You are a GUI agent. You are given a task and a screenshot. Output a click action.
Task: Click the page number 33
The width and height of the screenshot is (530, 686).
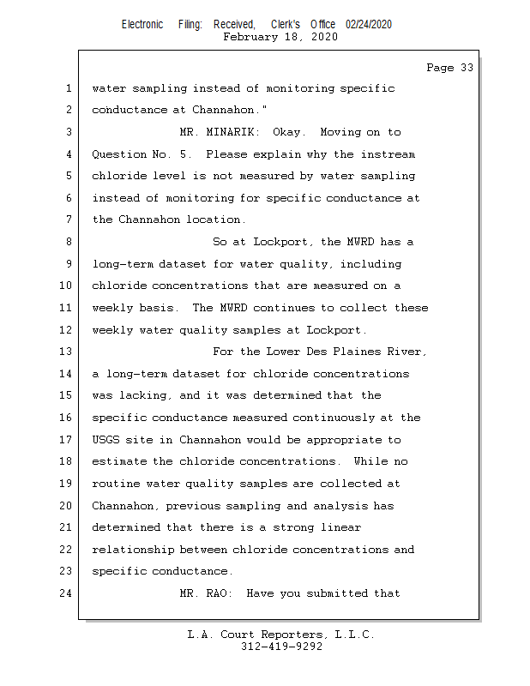[x=467, y=68]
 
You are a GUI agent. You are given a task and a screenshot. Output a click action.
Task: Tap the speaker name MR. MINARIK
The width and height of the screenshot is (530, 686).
[x=220, y=132]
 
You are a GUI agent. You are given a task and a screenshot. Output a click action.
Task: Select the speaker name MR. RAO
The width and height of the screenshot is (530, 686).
[x=206, y=593]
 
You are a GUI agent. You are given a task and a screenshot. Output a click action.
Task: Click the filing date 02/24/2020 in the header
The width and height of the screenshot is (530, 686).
[x=369, y=24]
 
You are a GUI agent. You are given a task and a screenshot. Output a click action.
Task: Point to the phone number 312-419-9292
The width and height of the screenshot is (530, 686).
[x=281, y=647]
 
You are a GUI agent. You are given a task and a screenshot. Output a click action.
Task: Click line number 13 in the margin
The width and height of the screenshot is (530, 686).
[x=66, y=352]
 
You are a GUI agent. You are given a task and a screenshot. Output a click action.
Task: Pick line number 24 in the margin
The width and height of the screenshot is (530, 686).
[x=66, y=593]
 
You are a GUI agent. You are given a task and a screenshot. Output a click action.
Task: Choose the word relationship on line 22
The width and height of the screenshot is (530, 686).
[x=133, y=550]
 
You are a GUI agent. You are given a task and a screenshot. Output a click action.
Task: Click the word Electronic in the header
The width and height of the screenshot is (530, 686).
[x=142, y=24]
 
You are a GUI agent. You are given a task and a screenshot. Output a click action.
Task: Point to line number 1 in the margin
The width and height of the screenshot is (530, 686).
[x=69, y=88]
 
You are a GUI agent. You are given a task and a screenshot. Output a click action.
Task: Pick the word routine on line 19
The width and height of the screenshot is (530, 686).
[x=116, y=484]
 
